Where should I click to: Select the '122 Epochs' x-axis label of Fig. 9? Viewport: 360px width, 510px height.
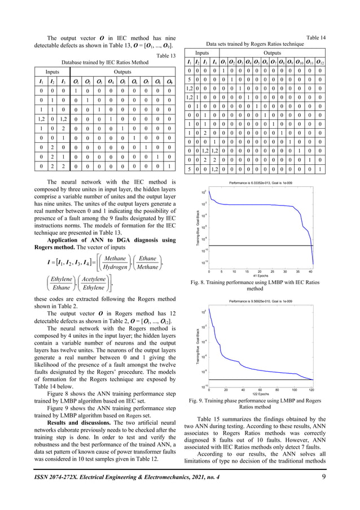[260, 393]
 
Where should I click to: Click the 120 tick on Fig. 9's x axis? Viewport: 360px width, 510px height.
[311, 389]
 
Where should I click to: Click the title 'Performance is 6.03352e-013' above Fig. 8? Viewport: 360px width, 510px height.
[261, 184]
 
